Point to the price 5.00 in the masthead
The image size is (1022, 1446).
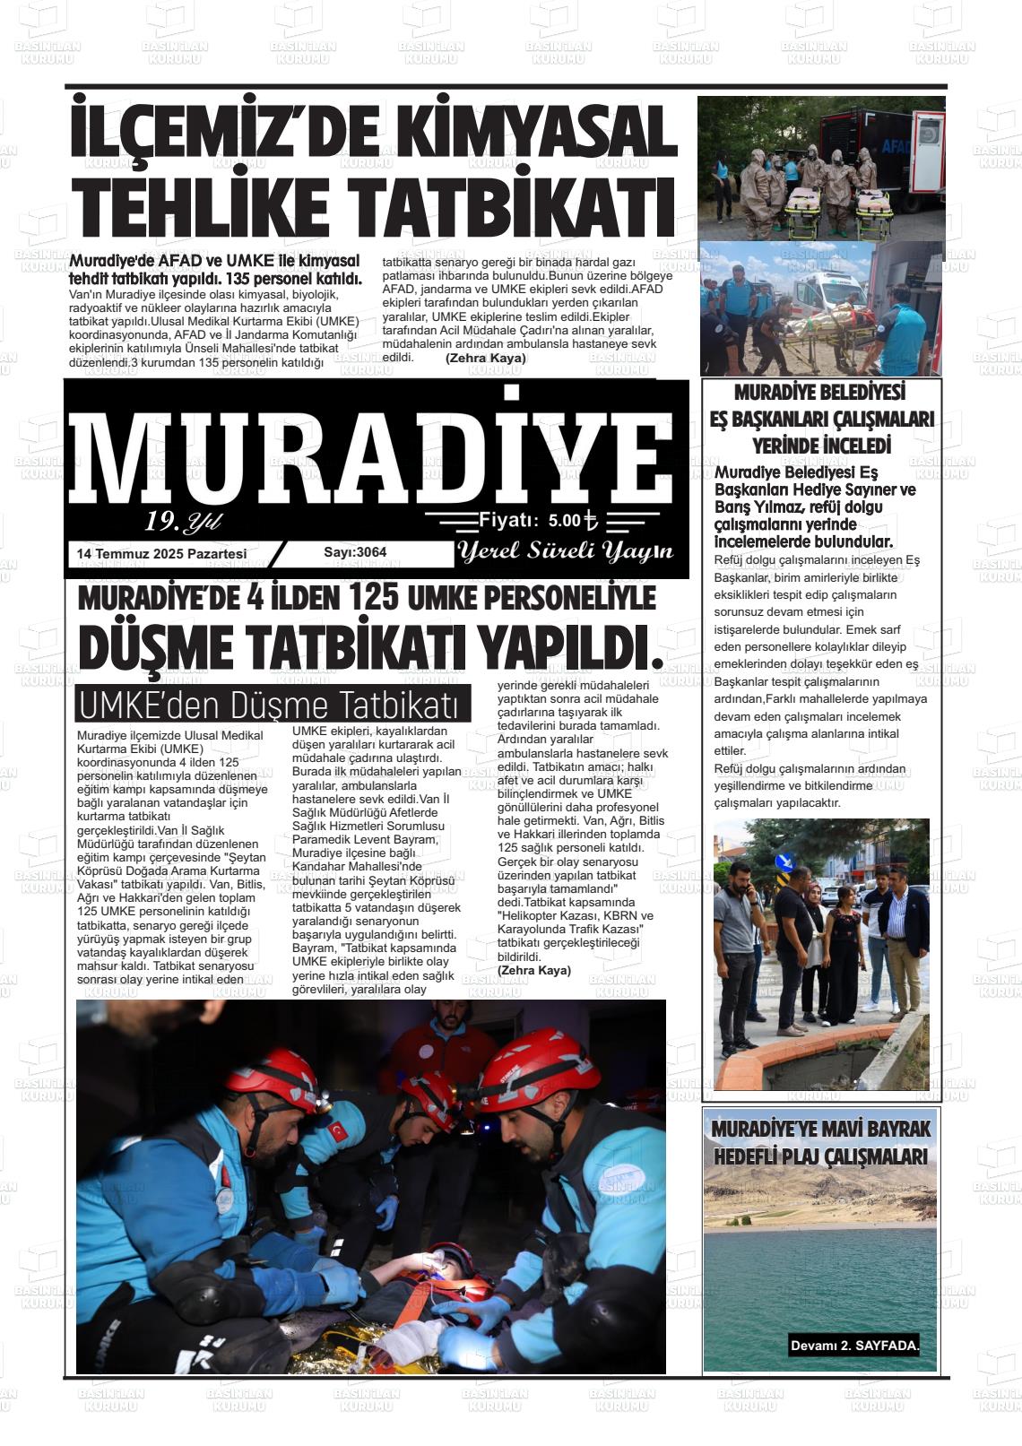(565, 520)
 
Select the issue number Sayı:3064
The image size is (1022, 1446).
(355, 552)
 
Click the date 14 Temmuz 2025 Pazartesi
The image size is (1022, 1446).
(162, 554)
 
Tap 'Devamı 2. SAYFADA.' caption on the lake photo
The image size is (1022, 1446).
(854, 1346)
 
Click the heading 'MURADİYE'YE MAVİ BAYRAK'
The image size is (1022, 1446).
(821, 1129)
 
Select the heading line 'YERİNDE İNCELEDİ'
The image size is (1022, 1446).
(821, 446)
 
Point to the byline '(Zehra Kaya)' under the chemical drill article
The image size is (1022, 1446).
(485, 358)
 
